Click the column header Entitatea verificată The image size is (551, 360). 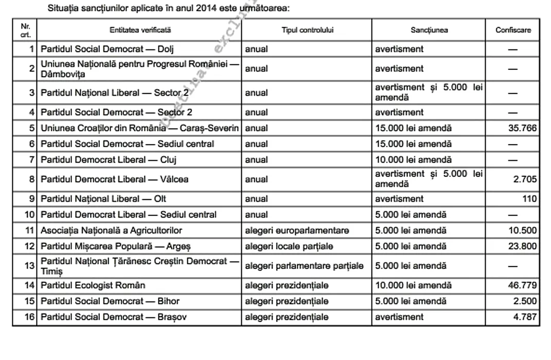(140, 30)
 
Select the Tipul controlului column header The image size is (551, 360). (307, 30)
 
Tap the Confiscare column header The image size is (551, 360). (513, 30)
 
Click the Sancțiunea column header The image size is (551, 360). (429, 30)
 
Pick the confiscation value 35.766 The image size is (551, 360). (522, 128)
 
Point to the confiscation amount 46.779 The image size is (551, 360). (522, 285)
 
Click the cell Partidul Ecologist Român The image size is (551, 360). (93, 285)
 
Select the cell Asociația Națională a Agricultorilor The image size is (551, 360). (111, 230)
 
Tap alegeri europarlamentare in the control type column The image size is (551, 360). (297, 230)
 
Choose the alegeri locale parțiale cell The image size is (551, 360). (289, 246)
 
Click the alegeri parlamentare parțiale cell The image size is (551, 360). (304, 266)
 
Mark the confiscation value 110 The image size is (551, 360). (529, 199)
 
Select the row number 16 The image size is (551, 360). (29, 317)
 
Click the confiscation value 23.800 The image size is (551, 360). (522, 246)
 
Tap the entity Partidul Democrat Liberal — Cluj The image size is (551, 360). (109, 160)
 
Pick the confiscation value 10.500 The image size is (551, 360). (522, 230)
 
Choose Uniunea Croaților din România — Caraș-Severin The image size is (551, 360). (140, 128)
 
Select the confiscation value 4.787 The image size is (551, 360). (525, 317)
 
